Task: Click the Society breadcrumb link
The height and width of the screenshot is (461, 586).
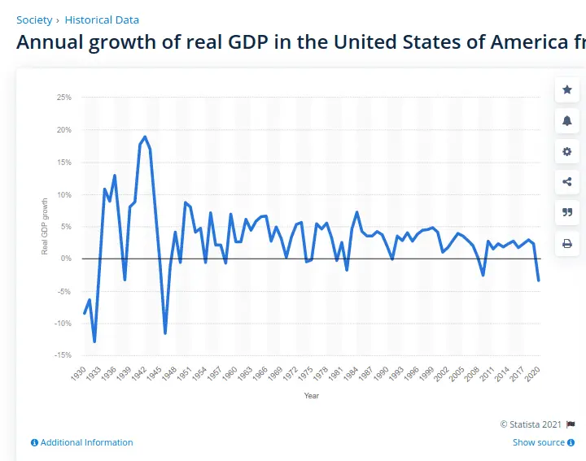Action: coord(34,20)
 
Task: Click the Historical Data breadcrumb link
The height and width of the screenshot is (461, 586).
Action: coord(102,20)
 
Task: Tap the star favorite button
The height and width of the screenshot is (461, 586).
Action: coord(567,90)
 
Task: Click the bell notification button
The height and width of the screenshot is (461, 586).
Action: coord(567,120)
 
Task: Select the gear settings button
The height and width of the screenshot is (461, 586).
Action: coord(567,151)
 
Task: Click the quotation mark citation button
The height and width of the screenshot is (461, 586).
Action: coord(567,212)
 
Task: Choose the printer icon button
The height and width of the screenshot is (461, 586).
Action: coord(567,243)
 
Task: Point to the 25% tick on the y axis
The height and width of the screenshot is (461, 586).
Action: coord(63,98)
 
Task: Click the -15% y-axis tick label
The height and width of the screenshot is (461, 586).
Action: coord(63,355)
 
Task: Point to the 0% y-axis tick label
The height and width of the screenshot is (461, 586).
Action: coord(65,259)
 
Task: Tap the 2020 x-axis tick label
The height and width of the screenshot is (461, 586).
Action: coord(534,374)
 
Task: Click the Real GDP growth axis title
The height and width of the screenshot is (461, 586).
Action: coord(46,226)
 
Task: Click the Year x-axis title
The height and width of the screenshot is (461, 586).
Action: coord(312,396)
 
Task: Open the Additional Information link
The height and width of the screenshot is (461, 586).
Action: coord(82,442)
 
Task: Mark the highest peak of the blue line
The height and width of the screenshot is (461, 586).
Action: coord(145,137)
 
